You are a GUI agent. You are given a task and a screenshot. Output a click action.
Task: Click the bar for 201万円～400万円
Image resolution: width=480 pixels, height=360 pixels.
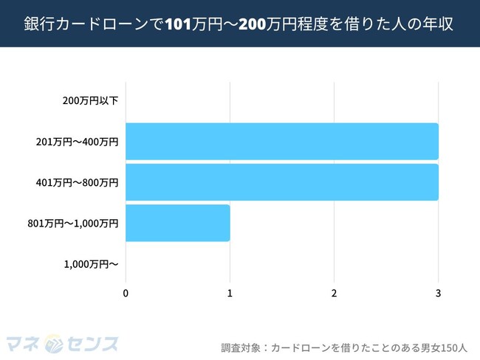(x=281, y=141)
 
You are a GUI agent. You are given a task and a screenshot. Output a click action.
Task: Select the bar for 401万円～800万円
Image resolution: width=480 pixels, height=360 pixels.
(x=281, y=181)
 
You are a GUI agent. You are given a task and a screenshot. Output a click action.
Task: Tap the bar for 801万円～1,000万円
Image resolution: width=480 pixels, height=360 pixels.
(x=177, y=223)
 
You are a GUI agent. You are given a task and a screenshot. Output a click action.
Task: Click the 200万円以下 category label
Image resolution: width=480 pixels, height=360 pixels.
(x=90, y=100)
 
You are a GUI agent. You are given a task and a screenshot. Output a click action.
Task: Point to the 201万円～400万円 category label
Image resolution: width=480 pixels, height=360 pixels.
(x=77, y=141)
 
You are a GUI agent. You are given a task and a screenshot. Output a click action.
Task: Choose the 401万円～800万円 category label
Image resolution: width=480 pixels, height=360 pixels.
(x=77, y=181)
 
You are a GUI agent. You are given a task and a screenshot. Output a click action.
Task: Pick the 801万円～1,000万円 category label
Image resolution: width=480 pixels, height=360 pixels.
(x=72, y=223)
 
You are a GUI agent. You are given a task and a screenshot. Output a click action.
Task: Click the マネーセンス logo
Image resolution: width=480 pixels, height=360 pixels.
(x=62, y=344)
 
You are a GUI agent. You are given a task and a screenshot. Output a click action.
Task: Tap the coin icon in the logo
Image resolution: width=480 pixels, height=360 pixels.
(x=53, y=344)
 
